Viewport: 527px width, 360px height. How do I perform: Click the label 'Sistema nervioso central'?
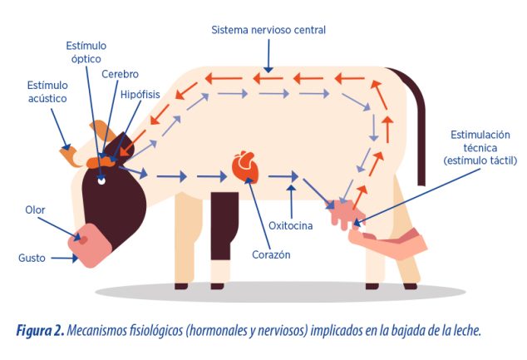tap(268, 30)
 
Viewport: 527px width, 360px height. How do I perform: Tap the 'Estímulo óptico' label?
tap(86, 52)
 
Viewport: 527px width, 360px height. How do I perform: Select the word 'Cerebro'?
tap(120, 74)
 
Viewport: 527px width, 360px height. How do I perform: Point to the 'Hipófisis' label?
tap(140, 95)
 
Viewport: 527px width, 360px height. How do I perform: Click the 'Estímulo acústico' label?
tap(47, 91)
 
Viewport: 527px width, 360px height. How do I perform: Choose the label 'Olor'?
tap(35, 210)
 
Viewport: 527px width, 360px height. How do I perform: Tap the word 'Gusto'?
tap(32, 258)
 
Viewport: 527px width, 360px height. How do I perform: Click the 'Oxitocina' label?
tap(291, 225)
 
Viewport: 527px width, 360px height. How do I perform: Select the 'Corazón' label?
tap(271, 254)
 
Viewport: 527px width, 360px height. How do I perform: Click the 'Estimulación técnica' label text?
tap(480, 141)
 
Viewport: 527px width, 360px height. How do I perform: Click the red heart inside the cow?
tap(245, 167)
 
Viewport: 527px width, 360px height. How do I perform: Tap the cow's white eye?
tap(101, 181)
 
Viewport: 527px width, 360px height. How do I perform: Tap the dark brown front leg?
tap(224, 225)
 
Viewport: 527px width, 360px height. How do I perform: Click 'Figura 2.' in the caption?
tap(40, 330)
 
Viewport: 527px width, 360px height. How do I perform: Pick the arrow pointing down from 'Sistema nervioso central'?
tap(268, 56)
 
